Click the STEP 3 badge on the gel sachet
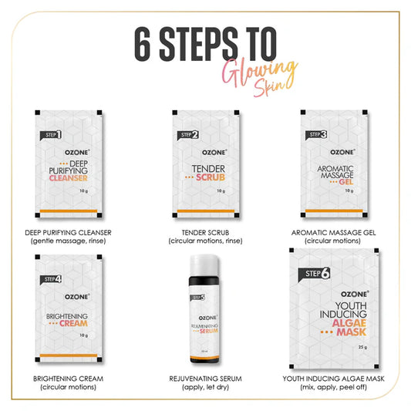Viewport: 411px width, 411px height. (x=318, y=135)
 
